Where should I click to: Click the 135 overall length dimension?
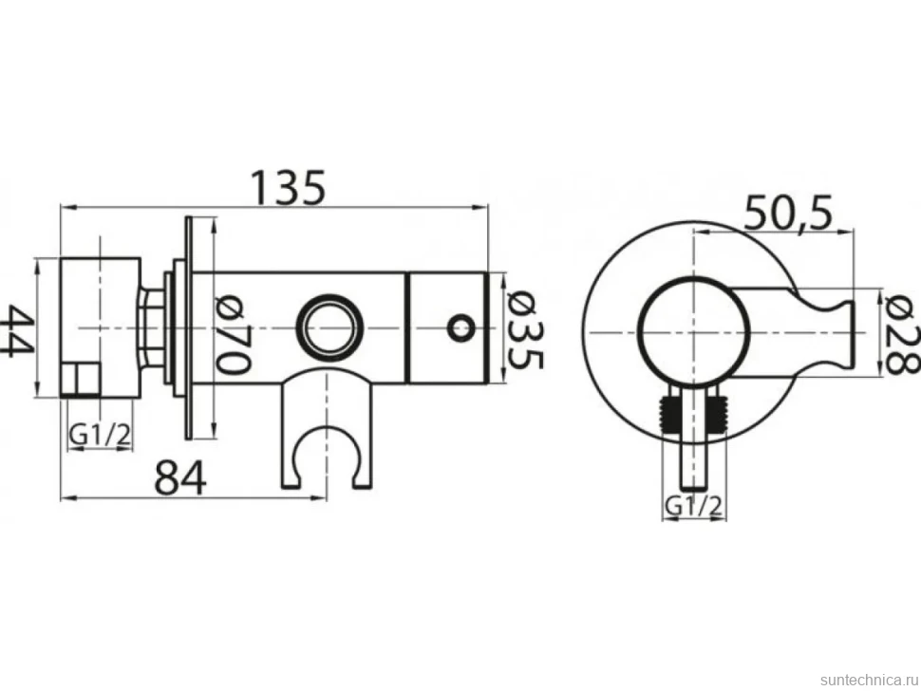[288, 187]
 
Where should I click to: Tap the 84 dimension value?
[180, 477]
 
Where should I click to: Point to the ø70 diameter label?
[234, 334]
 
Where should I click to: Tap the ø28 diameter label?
[901, 335]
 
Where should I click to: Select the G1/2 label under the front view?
[693, 506]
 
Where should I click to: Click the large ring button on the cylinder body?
[330, 327]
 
